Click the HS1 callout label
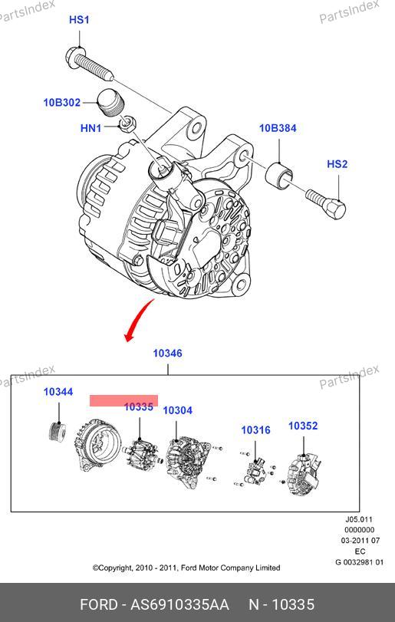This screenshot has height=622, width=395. (79, 19)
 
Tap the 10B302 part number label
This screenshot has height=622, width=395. (62, 102)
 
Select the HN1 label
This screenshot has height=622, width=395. (91, 128)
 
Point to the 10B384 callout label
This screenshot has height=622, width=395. (278, 128)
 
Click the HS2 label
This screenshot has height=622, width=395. (337, 164)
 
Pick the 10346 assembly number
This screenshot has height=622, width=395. (168, 353)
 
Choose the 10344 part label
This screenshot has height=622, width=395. (58, 391)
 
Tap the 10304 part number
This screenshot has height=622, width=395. (178, 410)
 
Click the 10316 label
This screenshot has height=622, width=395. (256, 429)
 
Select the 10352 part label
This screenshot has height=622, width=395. (303, 426)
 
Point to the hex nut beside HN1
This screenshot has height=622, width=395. (127, 124)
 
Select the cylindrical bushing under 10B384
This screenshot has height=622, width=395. (278, 176)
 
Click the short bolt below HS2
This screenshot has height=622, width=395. (326, 204)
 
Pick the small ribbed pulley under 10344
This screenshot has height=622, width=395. (57, 433)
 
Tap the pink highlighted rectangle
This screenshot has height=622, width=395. (123, 400)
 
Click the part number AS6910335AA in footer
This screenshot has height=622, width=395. (180, 604)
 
